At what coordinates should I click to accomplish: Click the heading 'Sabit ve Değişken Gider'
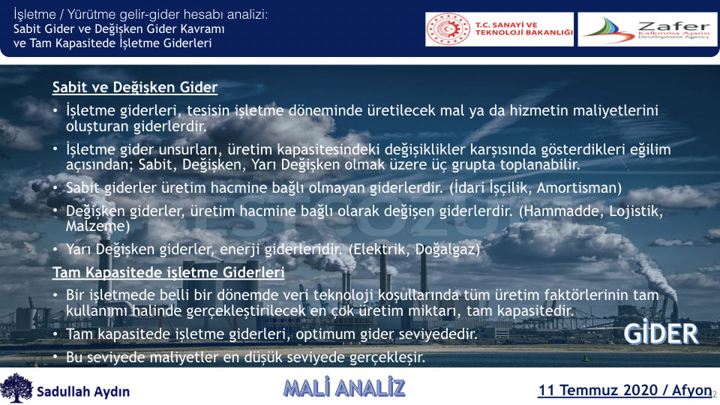(x=134, y=87)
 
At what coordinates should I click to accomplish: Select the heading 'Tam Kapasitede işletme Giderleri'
(x=168, y=272)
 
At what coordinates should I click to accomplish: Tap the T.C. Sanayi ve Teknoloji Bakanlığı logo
(x=499, y=29)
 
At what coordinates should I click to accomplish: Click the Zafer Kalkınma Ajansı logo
(x=647, y=29)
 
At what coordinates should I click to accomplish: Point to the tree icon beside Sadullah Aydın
(x=16, y=388)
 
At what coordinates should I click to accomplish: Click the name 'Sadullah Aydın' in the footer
(x=83, y=391)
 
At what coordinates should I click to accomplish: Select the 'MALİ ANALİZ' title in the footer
(x=344, y=388)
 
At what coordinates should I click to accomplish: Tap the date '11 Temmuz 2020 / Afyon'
(x=625, y=390)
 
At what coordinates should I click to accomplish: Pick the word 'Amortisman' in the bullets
(x=579, y=187)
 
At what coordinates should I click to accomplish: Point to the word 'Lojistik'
(x=636, y=211)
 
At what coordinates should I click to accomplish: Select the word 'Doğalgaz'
(x=447, y=249)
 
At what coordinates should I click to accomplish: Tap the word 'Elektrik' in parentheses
(x=379, y=249)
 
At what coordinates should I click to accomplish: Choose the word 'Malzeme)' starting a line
(x=97, y=226)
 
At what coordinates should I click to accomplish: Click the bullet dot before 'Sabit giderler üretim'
(x=55, y=188)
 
